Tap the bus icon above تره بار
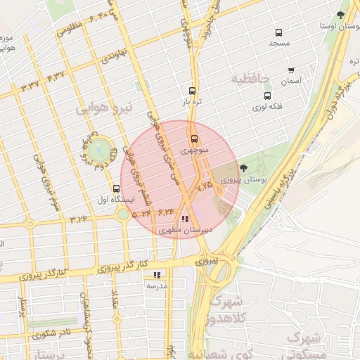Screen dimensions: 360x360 (192, 91)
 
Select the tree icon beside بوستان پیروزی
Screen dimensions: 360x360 (243, 168)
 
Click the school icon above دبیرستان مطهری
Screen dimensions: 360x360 (184, 219)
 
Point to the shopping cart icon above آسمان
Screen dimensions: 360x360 (291, 70)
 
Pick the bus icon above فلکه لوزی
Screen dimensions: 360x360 (267, 96)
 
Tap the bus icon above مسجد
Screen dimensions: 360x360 (279, 32)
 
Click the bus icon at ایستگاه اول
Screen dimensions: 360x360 (117, 188)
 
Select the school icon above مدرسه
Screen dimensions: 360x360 (157, 275)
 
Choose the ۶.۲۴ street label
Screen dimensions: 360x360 (166, 210)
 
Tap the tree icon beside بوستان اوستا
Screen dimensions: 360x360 (341, 14)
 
